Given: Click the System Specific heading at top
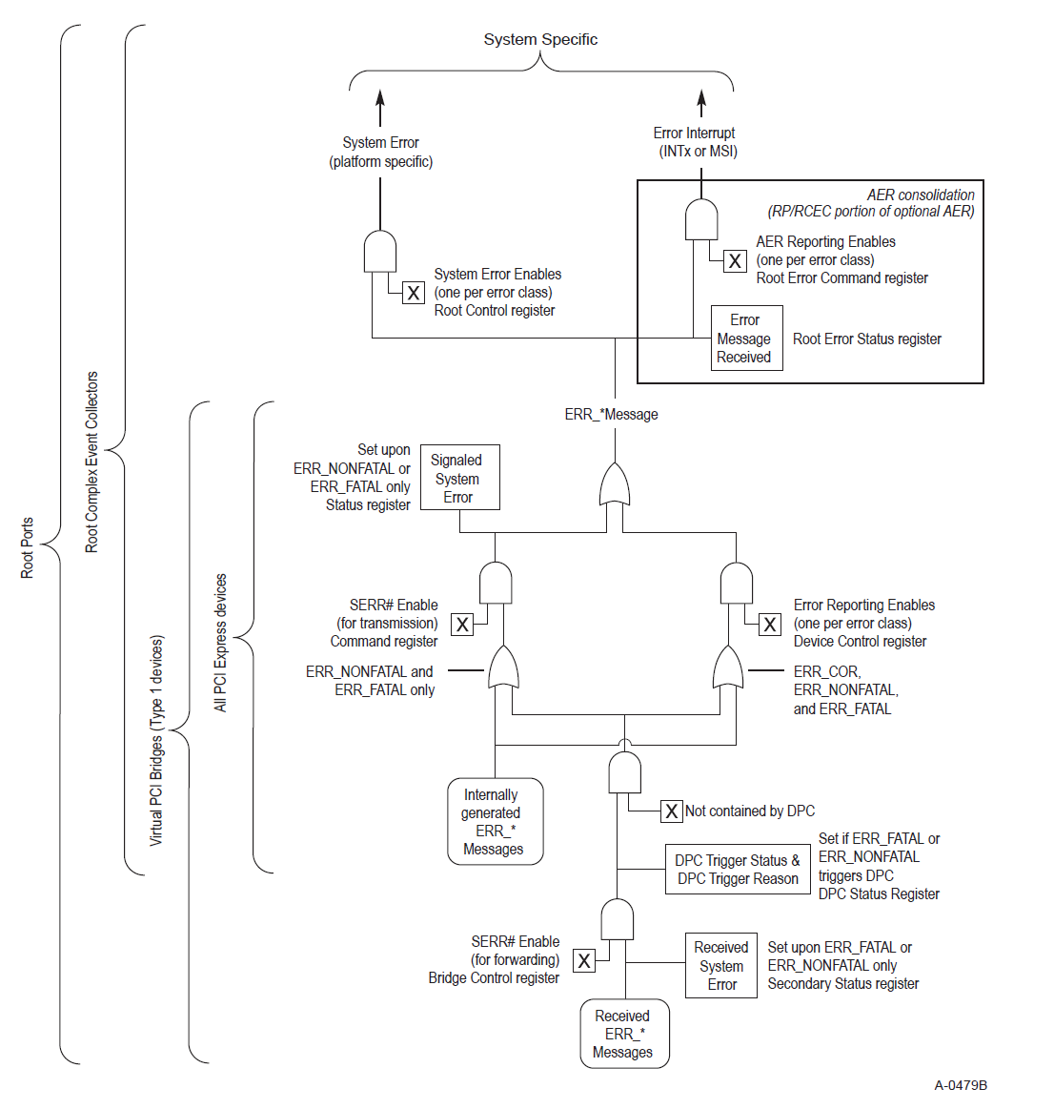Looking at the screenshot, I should pos(540,39).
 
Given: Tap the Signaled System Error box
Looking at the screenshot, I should pos(458,478).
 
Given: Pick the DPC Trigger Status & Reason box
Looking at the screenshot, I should pos(737,869).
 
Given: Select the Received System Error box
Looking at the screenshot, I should pos(721,965).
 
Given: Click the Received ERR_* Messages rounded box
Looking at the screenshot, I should pos(623,1034).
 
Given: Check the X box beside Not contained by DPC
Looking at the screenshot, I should pos(672,811).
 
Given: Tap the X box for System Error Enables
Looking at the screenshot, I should pos(414,293).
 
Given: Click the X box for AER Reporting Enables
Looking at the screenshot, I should pos(735,260).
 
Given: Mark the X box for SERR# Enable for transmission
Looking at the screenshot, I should pos(462,625).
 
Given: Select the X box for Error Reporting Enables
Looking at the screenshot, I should pos(770,625).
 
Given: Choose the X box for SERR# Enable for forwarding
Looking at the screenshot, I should pos(584,961).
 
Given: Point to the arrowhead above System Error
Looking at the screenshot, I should pos(380,96).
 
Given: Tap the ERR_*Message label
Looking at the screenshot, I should pos(611,414).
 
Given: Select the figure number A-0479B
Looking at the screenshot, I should pos(960,1085).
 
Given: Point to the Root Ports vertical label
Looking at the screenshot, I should pos(27,547).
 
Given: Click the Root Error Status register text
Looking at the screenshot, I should pos(866,339).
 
